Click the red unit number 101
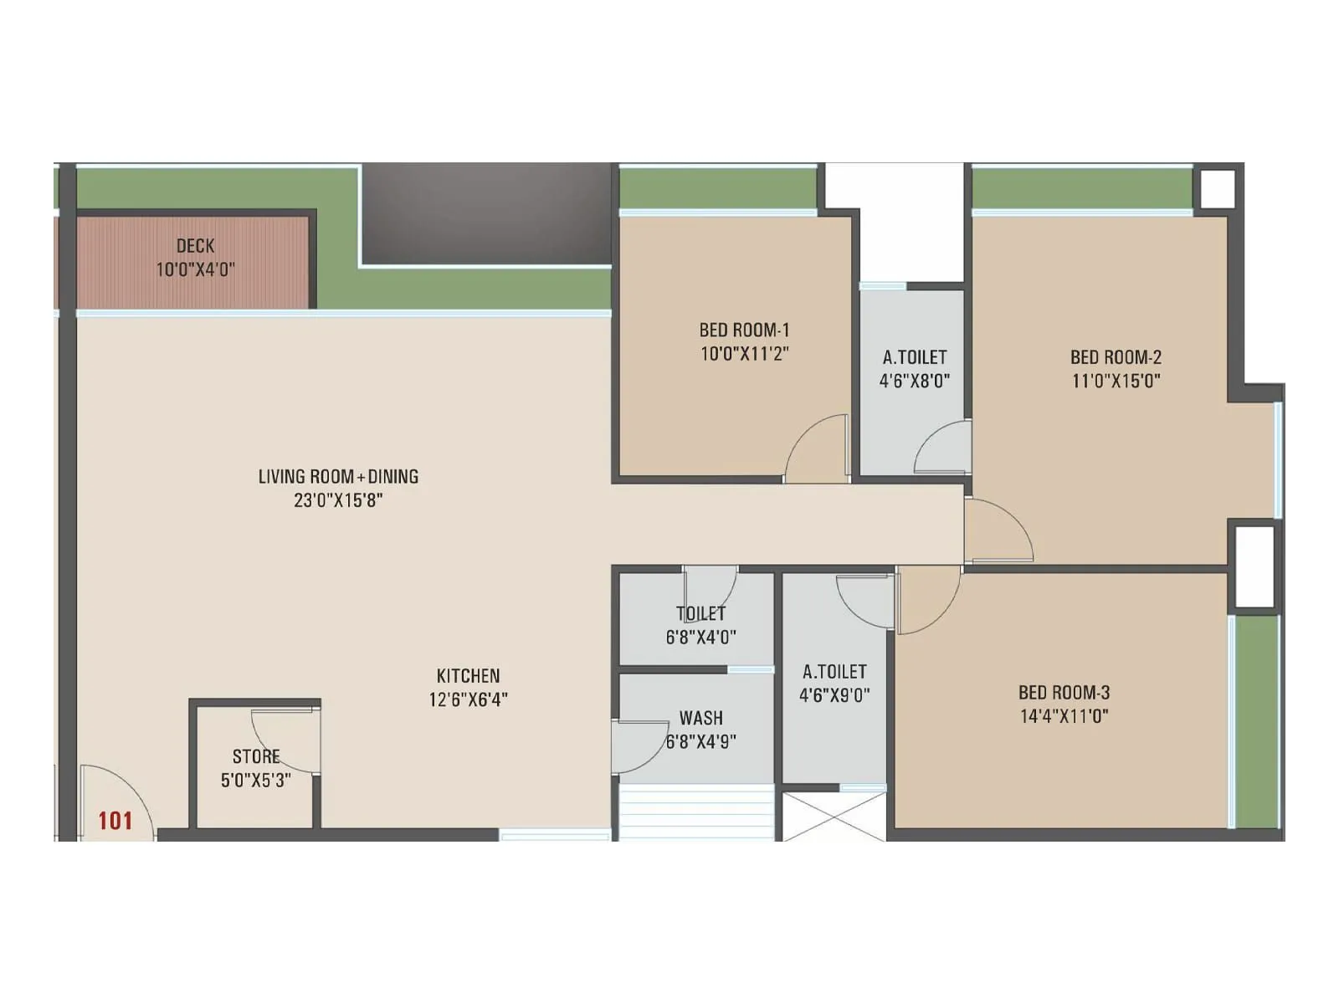(115, 821)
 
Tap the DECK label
(195, 246)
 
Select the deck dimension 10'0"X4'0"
(195, 269)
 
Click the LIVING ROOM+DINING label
(338, 477)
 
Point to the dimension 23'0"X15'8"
(338, 500)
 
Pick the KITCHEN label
(468, 676)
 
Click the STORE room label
(256, 756)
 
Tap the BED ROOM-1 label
(744, 330)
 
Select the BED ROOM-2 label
(1116, 357)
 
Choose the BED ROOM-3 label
(1064, 693)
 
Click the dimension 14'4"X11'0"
(1064, 716)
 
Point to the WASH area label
(701, 718)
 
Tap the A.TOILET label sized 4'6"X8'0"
(915, 358)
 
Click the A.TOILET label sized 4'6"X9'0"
(834, 672)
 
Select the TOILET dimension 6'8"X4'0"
(701, 637)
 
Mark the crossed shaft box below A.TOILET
(834, 817)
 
